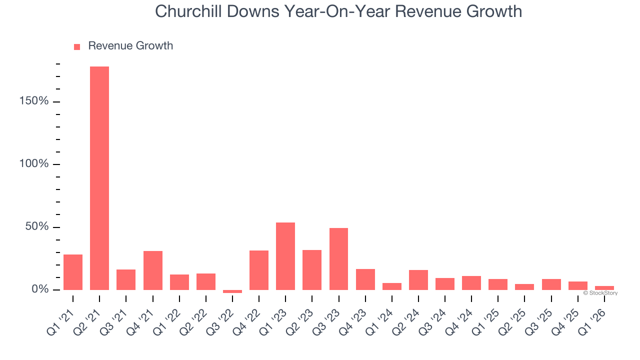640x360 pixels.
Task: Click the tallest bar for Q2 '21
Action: coord(99,178)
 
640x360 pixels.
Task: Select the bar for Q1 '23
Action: coord(285,256)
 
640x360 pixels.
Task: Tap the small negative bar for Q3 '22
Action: coord(232,291)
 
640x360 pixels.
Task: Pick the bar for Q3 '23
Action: coord(338,258)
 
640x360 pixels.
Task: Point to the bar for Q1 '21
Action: coord(73,272)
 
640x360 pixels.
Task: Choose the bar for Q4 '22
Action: coord(259,270)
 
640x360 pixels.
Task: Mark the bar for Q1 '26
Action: coord(604,288)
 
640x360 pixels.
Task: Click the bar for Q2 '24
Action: coord(418,279)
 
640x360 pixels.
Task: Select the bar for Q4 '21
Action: coord(153,270)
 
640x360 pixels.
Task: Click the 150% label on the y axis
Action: coord(34,101)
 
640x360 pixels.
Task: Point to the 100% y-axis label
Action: coord(34,164)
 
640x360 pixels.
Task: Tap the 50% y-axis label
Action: coord(37,227)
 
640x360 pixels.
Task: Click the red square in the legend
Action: coord(77,47)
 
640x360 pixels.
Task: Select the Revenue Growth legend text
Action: coord(130,46)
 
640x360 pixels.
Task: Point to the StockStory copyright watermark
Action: coord(600,293)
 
